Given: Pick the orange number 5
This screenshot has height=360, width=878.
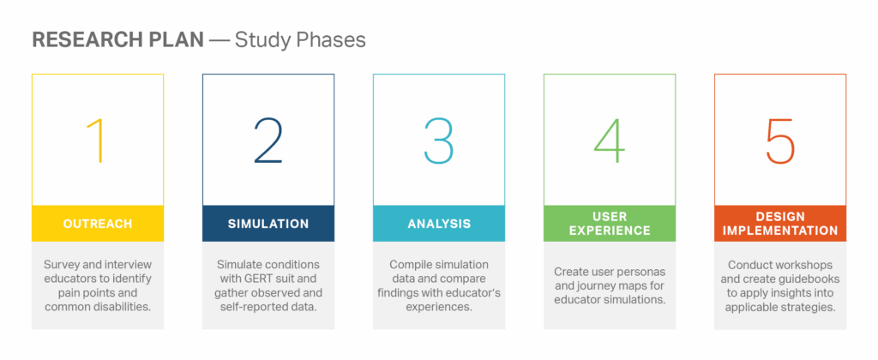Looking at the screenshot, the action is [x=780, y=141].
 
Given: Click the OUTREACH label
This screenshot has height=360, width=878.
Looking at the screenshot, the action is [x=98, y=224].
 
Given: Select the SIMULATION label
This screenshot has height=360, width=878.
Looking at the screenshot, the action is [x=268, y=224].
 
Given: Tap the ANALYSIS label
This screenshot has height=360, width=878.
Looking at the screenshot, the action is [x=439, y=224].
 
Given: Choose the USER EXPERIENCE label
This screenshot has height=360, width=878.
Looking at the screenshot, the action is [x=610, y=224].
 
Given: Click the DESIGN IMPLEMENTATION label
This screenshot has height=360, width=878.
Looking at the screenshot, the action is [x=780, y=224].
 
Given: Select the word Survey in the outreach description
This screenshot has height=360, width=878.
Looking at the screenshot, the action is [x=62, y=264].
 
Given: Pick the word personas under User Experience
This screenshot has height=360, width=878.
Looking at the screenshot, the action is [x=643, y=272].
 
